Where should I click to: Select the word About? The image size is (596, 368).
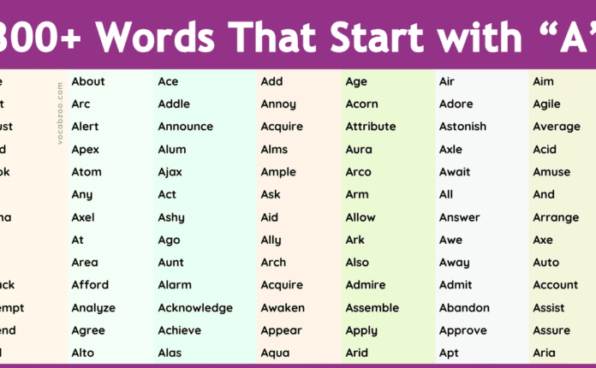[x=88, y=81]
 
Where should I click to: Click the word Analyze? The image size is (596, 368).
[x=93, y=307]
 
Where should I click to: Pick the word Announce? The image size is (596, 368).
[x=185, y=127]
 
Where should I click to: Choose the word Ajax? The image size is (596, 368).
[x=170, y=172]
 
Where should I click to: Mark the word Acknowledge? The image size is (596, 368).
[x=195, y=307]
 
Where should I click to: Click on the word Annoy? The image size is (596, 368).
[x=278, y=104]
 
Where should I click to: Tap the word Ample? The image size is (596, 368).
[x=278, y=172]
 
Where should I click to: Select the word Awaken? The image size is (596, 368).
[x=282, y=307]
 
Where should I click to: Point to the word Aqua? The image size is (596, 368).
[x=275, y=353]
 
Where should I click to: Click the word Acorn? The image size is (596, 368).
[x=361, y=104]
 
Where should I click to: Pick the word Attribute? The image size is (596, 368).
[x=371, y=127]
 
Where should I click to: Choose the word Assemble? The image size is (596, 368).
[x=372, y=307]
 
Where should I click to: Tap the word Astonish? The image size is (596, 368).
[x=462, y=127]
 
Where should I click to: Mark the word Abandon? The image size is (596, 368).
[x=464, y=307]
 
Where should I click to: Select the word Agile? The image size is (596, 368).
[x=546, y=104]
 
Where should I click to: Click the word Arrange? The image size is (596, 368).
[x=556, y=217]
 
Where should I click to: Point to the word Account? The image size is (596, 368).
[x=556, y=285]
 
